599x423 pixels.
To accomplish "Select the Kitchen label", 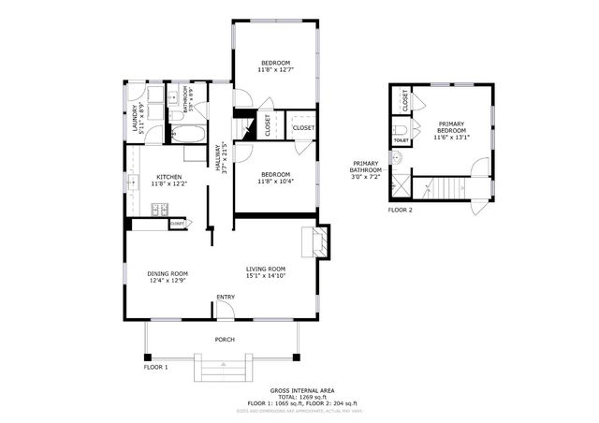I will coord(168,177).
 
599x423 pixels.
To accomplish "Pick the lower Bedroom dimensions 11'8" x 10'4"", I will coord(275,182).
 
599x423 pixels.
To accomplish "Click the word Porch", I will coord(225,340).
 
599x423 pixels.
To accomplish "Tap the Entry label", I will coord(225,298).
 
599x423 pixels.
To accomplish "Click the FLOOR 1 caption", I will coord(155,367).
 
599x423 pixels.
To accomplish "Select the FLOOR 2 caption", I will coord(401,210).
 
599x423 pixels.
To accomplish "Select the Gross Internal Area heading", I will coord(301,390).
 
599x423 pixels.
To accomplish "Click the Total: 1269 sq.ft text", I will coord(302,397).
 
